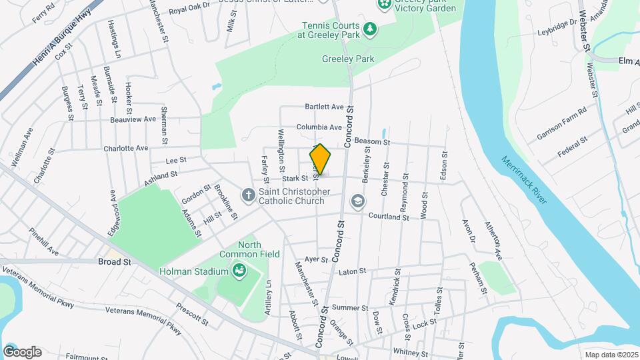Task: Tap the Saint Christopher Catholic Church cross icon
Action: (248, 195)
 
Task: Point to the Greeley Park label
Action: (348, 59)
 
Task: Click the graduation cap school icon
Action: (357, 201)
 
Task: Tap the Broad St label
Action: (114, 262)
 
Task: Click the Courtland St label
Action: (389, 217)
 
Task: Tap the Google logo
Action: (22, 351)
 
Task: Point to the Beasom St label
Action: (372, 142)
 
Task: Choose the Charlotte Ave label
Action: (125, 148)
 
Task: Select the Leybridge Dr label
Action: (554, 23)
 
